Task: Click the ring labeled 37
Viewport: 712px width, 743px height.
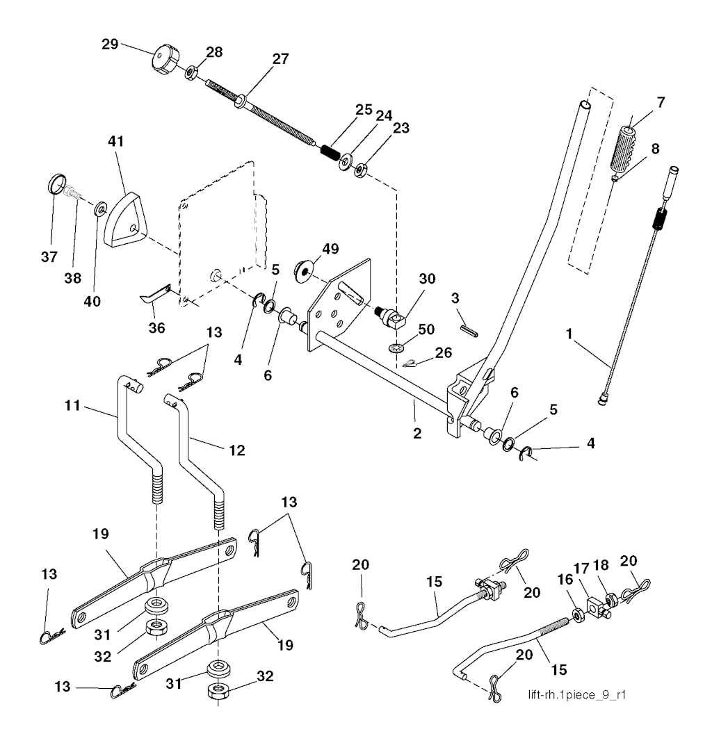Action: (x=56, y=186)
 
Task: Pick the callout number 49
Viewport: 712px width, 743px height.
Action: (x=330, y=249)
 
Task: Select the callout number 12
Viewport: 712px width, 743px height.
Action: (x=236, y=450)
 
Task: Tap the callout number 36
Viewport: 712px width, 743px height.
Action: (x=158, y=327)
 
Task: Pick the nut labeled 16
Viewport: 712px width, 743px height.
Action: (x=577, y=614)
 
